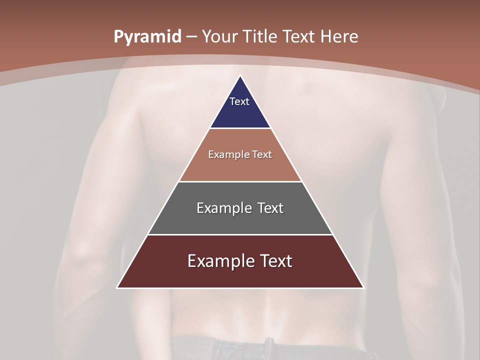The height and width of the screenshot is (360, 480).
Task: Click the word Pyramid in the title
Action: point(147,37)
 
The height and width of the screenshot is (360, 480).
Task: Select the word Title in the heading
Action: point(260,36)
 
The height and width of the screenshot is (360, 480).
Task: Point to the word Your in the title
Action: point(219,36)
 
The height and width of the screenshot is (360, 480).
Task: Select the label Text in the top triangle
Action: point(239,101)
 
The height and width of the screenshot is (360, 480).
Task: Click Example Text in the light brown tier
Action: point(240,154)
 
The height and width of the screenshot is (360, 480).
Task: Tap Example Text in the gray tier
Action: point(240,208)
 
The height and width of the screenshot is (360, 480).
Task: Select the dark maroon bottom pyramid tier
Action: point(240,275)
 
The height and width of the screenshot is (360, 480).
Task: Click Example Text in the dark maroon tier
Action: point(240,261)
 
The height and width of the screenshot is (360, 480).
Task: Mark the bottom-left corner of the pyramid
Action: point(117,287)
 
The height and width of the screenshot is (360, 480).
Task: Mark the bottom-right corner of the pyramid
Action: point(363,287)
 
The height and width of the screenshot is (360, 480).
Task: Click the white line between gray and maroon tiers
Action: point(240,234)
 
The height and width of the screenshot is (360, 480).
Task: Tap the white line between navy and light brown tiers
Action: point(240,128)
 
